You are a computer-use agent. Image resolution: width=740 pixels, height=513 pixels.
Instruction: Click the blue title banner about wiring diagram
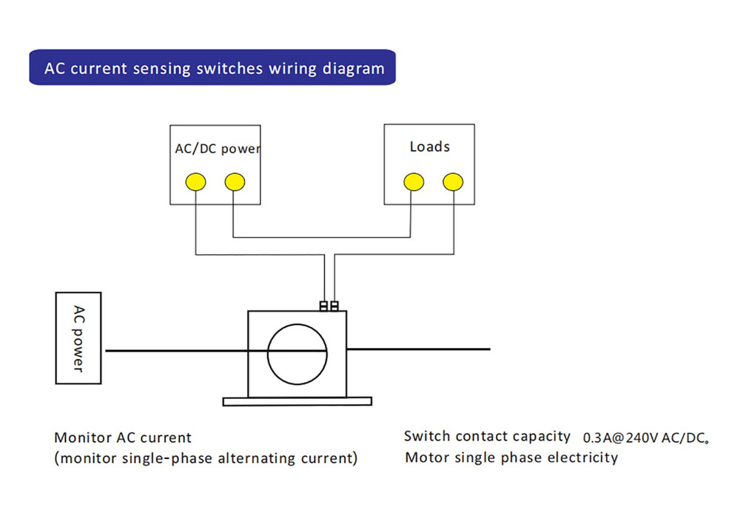point(212,68)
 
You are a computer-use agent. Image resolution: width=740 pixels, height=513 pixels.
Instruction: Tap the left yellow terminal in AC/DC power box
point(195,181)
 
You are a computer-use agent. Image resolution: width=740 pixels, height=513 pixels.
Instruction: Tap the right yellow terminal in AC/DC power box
point(234,181)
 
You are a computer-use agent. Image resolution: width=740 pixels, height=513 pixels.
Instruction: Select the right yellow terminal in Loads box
point(452,181)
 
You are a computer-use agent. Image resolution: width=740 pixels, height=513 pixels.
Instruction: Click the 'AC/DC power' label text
point(218,149)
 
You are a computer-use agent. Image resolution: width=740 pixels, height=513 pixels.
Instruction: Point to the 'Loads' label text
point(429,147)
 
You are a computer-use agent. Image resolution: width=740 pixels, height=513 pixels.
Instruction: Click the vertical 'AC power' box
point(78,338)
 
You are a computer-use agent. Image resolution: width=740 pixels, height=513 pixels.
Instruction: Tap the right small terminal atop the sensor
point(334,306)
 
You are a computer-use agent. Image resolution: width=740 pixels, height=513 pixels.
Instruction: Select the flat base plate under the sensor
point(297,401)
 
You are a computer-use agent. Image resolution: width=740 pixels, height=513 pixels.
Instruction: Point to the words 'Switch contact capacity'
point(487,437)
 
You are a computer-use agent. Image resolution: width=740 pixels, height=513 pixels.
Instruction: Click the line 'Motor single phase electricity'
point(511,457)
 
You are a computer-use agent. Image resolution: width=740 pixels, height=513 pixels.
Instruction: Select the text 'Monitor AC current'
point(123,437)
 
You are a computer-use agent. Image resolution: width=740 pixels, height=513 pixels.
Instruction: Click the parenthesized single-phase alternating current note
point(206,458)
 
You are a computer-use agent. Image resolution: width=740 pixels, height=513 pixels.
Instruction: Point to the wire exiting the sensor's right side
point(418,349)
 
